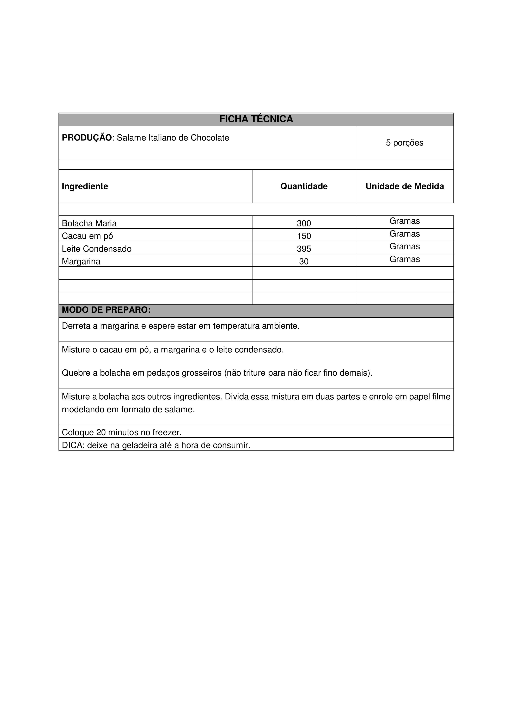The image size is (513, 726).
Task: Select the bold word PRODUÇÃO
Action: pyautogui.click(x=87, y=138)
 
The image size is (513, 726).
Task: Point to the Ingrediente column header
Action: pyautogui.click(x=85, y=186)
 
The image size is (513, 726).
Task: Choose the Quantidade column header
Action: pyautogui.click(x=304, y=186)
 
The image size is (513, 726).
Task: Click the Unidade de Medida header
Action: pyautogui.click(x=405, y=186)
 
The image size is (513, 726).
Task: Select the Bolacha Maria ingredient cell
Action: pyautogui.click(x=89, y=223)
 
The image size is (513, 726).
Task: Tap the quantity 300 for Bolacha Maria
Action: pyautogui.click(x=304, y=223)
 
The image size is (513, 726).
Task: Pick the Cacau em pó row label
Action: pyautogui.click(x=87, y=236)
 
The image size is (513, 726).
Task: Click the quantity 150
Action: pyautogui.click(x=304, y=236)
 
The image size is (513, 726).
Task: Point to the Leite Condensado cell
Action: pyautogui.click(x=97, y=249)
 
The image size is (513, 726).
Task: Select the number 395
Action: pyautogui.click(x=304, y=249)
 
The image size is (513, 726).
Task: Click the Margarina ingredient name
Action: pyautogui.click(x=81, y=262)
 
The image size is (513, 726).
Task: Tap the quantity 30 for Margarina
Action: pyautogui.click(x=304, y=262)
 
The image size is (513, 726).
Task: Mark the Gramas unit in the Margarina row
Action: pyautogui.click(x=405, y=259)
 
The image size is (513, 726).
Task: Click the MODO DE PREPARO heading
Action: pyautogui.click(x=106, y=310)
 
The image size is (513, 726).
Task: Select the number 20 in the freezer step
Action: pyautogui.click(x=101, y=432)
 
